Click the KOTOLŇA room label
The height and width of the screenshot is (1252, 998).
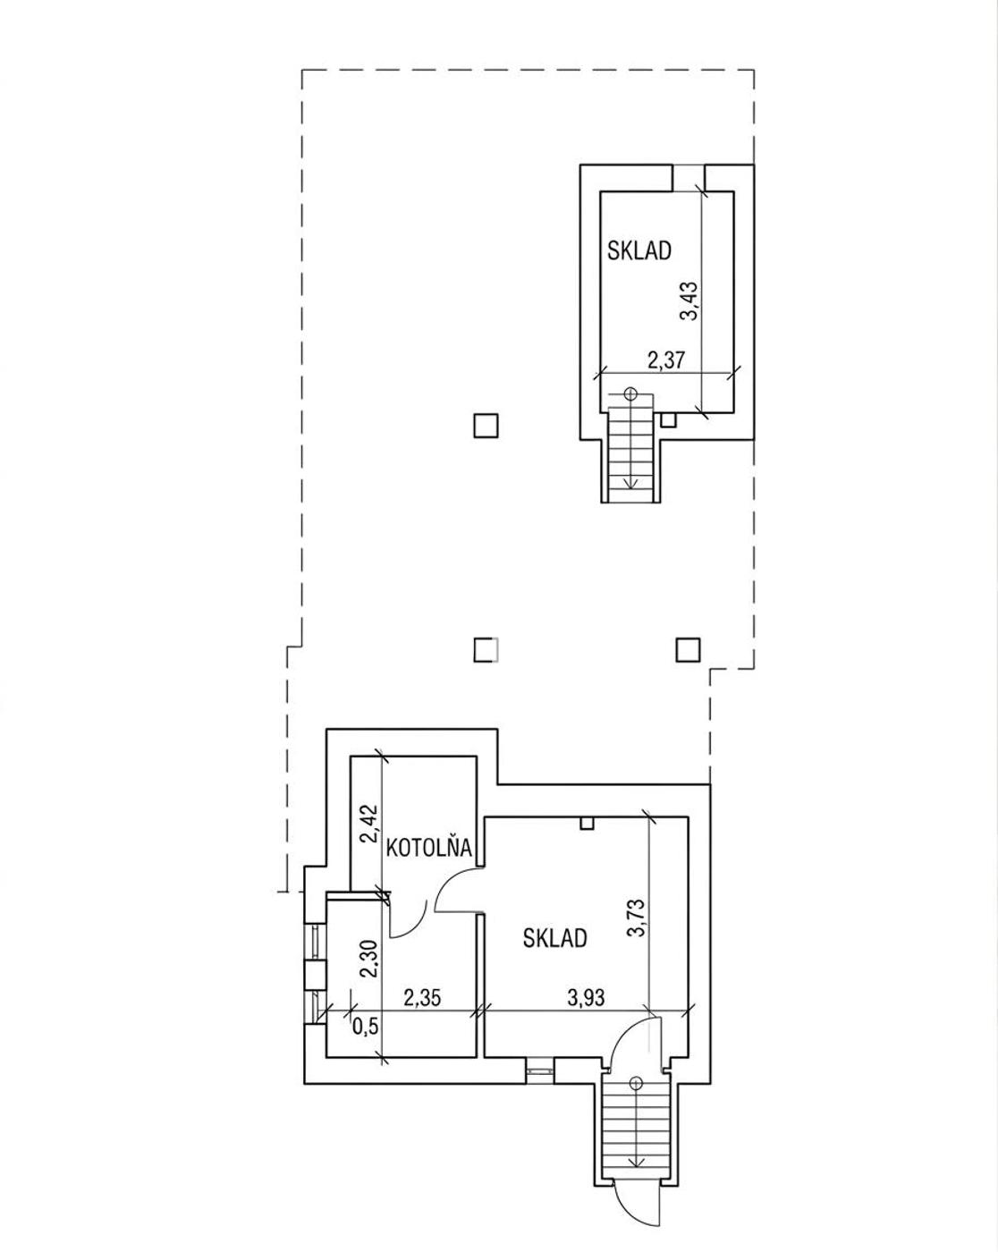click(x=429, y=848)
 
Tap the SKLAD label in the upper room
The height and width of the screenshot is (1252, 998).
click(x=639, y=250)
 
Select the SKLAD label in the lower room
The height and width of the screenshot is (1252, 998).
click(x=554, y=938)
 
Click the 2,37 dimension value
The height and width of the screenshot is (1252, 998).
click(x=666, y=360)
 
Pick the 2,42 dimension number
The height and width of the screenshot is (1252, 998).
click(x=368, y=824)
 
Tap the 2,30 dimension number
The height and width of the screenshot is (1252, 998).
click(x=368, y=960)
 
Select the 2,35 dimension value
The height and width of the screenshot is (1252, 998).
click(x=422, y=998)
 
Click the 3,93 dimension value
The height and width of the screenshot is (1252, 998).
click(x=586, y=998)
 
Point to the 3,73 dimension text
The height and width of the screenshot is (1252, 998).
click(x=639, y=918)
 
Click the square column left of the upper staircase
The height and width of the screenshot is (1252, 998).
click(x=486, y=426)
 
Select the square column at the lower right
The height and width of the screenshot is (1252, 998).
click(x=688, y=649)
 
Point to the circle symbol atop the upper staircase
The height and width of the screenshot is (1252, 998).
click(x=630, y=393)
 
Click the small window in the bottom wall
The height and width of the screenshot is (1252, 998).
click(x=539, y=1070)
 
